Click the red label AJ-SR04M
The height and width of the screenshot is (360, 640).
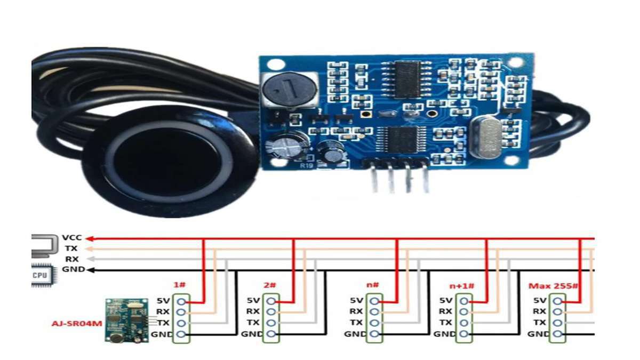click(x=77, y=324)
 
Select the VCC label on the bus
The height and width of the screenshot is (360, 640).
click(x=72, y=238)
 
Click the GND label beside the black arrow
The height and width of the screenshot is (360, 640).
click(x=74, y=269)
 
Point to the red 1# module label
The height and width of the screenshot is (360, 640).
click(x=180, y=285)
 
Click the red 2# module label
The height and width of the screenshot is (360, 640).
click(x=270, y=285)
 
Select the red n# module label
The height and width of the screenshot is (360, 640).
click(x=373, y=285)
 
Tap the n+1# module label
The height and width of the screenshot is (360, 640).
click(x=462, y=286)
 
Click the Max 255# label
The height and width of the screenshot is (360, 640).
click(x=554, y=286)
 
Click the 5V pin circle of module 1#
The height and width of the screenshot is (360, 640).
click(x=181, y=301)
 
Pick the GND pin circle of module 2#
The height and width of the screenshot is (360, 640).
click(x=271, y=334)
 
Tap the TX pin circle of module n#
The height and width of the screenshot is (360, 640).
click(x=374, y=323)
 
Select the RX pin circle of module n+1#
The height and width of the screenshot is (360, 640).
click(x=464, y=311)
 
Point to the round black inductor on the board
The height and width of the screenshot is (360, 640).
click(x=290, y=89)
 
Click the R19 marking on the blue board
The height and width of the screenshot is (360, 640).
click(x=306, y=166)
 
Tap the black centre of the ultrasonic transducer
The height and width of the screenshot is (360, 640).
click(x=167, y=162)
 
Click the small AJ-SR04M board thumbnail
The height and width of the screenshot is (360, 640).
click(x=127, y=321)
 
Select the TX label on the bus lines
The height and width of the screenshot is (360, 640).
click(x=71, y=249)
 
